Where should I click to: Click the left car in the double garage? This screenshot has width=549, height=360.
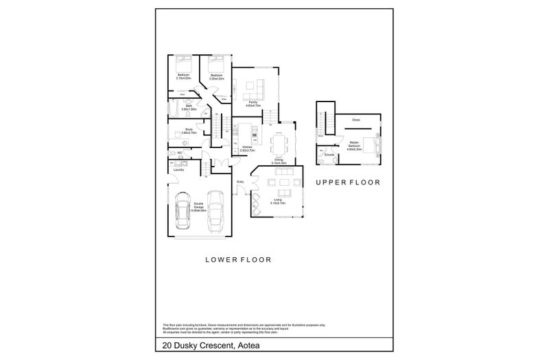pos(183,213)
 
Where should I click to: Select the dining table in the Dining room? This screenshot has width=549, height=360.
pos(278,145)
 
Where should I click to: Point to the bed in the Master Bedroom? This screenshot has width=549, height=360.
pos(371,145)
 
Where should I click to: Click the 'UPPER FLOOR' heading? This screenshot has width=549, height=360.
pos(348,183)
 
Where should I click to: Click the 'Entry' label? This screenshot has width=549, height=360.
pos(240,181)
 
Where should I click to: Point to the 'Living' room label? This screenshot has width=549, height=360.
pos(277,200)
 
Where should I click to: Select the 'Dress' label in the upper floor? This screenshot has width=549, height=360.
pos(355,120)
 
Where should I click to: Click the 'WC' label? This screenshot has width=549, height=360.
pos(179,152)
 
